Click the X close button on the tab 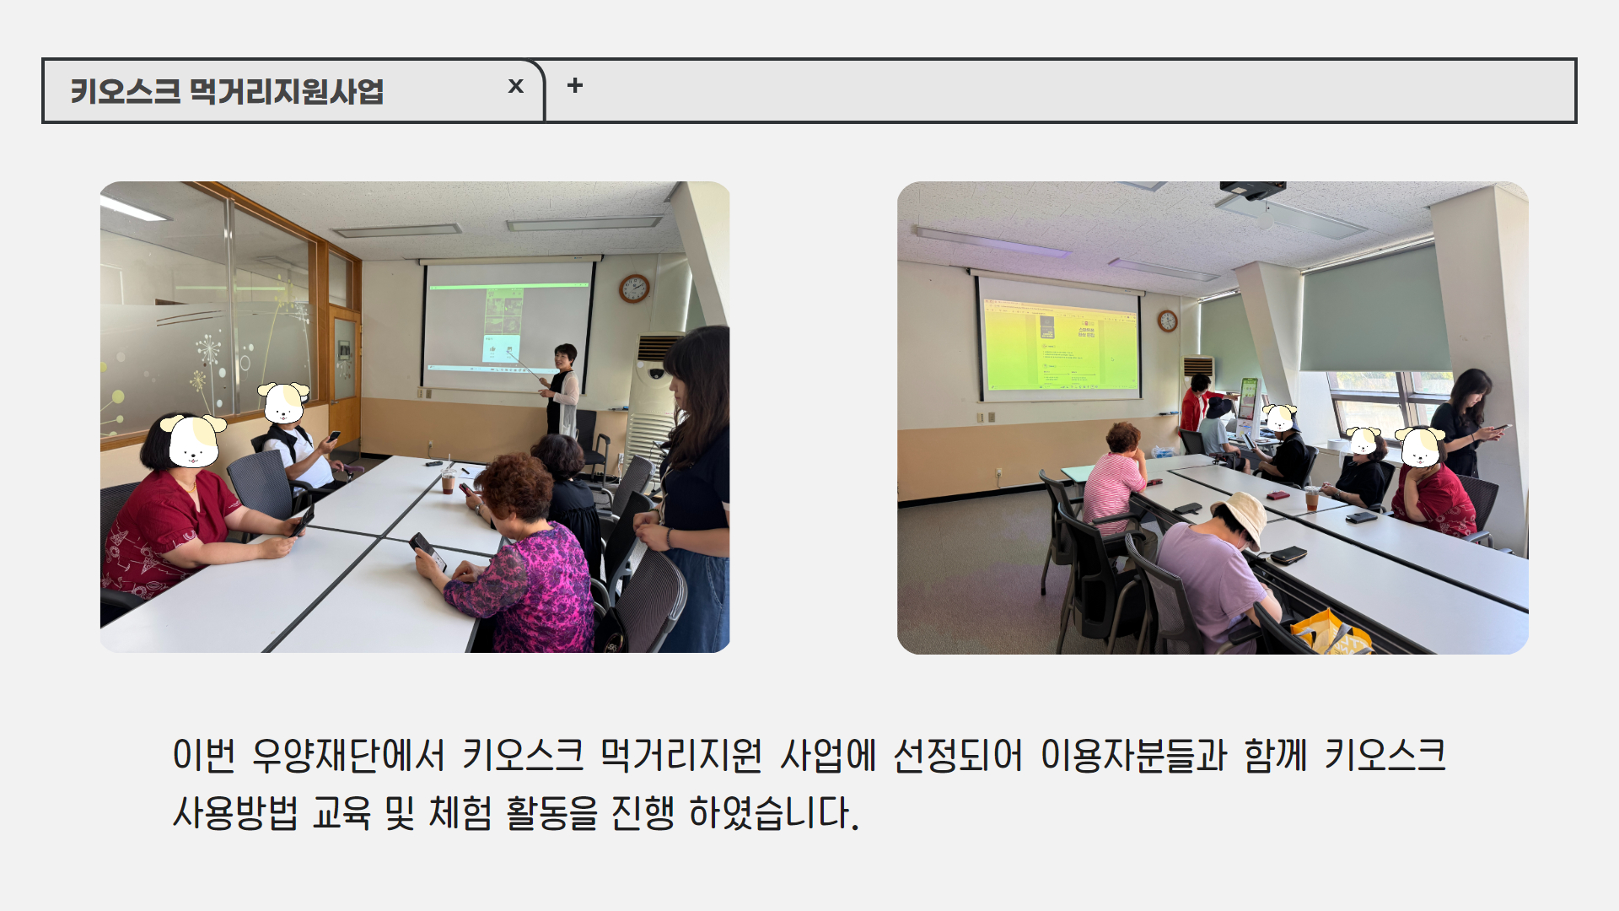tap(516, 86)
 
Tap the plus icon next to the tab tap(575, 85)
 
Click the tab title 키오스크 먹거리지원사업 tap(227, 91)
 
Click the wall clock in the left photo tap(634, 288)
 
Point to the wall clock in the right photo tap(1167, 321)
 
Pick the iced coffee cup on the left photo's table tap(449, 482)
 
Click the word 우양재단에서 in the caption tap(348, 755)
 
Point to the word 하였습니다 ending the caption tap(774, 813)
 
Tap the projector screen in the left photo tap(508, 326)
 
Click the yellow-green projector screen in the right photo tap(1060, 341)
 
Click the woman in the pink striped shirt tap(1113, 481)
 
